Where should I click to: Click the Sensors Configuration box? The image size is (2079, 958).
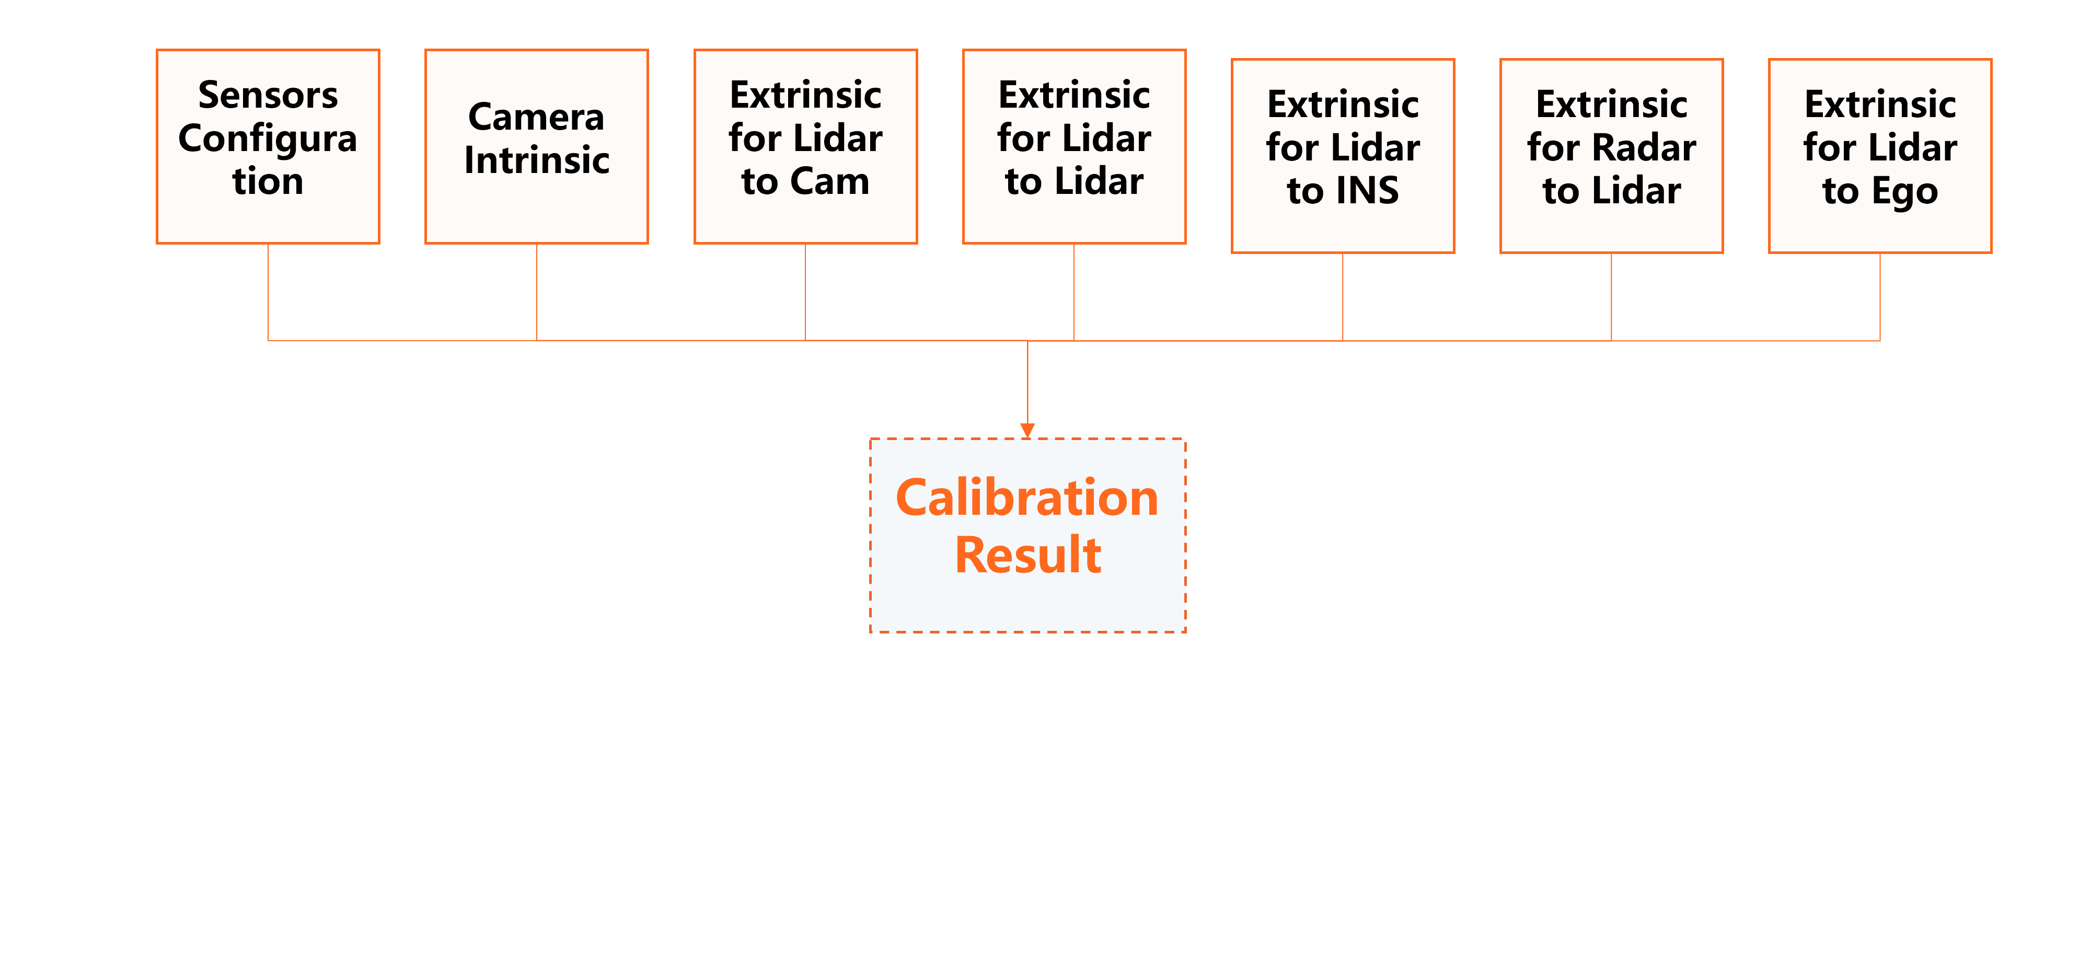(x=268, y=146)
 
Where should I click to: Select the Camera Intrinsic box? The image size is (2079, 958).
(x=537, y=146)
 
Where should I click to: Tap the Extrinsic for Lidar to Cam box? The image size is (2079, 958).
(x=805, y=146)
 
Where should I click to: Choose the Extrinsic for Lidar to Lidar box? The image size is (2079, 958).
(x=1074, y=146)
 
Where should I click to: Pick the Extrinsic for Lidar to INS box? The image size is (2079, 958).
(x=1343, y=156)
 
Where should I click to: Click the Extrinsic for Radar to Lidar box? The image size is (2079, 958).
(x=1612, y=156)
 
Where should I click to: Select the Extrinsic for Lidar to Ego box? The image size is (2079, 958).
(x=1880, y=156)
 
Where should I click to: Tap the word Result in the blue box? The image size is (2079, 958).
(x=1027, y=555)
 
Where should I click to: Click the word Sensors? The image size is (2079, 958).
(x=268, y=95)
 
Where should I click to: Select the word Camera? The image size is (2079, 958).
(x=537, y=118)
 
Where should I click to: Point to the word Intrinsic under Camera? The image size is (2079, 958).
(x=537, y=160)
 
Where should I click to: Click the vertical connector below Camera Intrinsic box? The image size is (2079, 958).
(x=537, y=291)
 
